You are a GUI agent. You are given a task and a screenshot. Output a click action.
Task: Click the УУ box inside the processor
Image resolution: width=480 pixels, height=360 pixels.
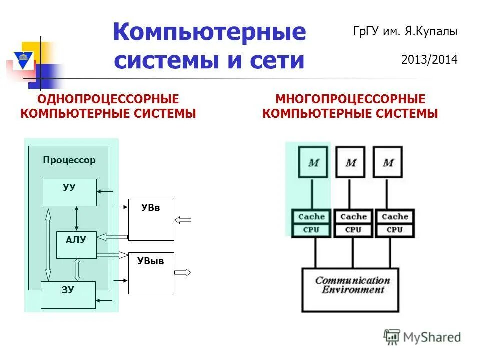click(69, 192)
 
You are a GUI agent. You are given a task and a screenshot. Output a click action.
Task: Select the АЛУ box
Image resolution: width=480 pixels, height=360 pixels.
click(76, 245)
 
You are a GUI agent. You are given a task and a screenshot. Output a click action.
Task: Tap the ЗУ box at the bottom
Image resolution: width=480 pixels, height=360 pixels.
click(68, 295)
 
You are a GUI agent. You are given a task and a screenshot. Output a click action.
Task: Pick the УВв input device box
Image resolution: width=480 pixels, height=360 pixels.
click(151, 219)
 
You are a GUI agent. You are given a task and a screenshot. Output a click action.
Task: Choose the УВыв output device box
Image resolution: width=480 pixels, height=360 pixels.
click(151, 273)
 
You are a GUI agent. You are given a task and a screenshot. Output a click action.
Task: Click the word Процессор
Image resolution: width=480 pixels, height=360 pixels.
click(69, 161)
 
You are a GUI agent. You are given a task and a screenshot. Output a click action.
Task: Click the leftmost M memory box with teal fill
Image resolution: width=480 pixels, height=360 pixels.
click(314, 162)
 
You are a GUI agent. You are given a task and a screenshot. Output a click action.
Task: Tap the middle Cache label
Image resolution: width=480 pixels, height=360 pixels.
click(353, 217)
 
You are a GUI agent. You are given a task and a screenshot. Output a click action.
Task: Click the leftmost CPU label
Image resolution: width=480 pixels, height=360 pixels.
click(311, 230)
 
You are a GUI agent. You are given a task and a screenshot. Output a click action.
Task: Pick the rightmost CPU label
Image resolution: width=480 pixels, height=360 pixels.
click(394, 230)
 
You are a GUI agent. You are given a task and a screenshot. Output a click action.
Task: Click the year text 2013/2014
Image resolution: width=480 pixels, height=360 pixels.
click(429, 60)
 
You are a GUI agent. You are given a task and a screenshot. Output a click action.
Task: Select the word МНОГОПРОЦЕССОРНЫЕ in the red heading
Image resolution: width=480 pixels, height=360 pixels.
click(350, 99)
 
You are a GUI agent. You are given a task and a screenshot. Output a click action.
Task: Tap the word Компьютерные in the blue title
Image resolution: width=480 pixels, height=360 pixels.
click(209, 33)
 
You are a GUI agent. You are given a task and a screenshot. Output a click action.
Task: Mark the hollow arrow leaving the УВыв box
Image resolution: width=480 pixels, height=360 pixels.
click(183, 273)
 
